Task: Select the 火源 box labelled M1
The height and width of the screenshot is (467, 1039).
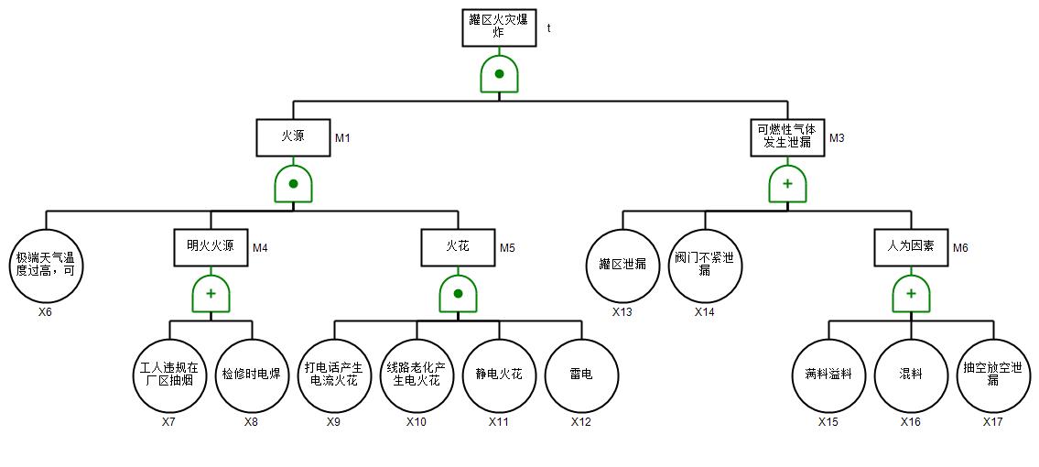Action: [293, 137]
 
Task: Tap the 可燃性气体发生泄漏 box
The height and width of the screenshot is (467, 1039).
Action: [787, 137]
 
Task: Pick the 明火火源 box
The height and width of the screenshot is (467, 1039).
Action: [211, 246]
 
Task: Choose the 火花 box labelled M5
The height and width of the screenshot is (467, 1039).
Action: [458, 246]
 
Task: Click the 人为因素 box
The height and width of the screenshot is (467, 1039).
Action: [911, 246]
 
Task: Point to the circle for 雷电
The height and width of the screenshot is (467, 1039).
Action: [581, 375]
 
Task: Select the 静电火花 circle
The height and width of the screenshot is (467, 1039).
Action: [499, 375]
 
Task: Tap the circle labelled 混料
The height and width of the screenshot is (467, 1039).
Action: [911, 375]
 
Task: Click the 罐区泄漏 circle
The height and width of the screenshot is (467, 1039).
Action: [622, 266]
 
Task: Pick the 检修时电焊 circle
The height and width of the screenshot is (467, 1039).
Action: [252, 375]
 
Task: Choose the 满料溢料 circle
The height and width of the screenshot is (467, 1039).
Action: [828, 375]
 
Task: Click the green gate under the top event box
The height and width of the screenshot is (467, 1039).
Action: [499, 74]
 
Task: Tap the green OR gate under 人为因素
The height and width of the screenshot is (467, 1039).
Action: [911, 294]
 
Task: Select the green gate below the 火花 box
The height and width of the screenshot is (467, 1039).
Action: [458, 294]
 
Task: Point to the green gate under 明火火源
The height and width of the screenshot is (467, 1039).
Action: [211, 294]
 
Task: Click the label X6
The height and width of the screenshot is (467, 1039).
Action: [45, 312]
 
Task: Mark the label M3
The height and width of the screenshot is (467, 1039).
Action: [837, 138]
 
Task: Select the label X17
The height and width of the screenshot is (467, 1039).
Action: [993, 422]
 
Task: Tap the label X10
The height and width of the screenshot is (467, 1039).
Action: [417, 422]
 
